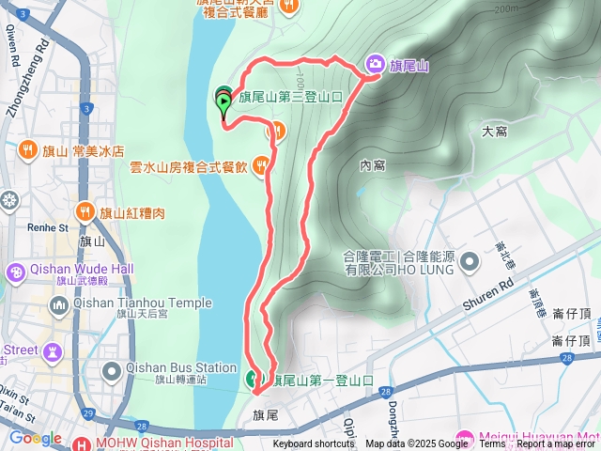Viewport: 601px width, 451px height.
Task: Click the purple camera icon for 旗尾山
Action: point(374,64)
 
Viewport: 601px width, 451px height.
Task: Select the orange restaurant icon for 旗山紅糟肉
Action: point(85,212)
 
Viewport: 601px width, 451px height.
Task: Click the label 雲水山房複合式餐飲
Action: point(188,167)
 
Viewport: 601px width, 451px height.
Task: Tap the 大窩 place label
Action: point(494,132)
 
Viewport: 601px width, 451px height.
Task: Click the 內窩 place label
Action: point(372,165)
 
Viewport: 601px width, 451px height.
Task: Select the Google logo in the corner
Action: point(36,438)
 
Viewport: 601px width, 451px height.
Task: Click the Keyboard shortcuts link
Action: point(314,444)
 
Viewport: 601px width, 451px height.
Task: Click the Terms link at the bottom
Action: point(492,444)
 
